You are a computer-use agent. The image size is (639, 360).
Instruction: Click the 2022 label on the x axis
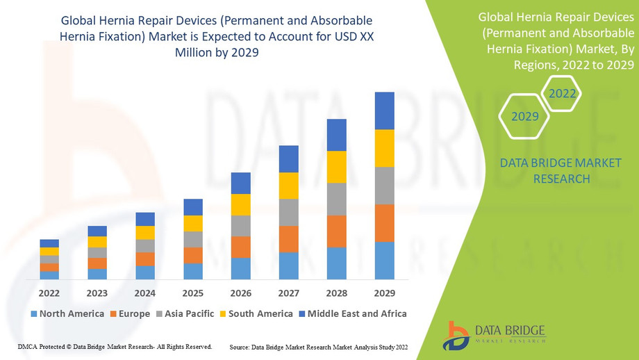point(49,293)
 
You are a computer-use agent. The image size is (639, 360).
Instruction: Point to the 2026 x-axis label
point(241,293)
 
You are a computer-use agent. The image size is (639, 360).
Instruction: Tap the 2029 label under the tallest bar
point(384,293)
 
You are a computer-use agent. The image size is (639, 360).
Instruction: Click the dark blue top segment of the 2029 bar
point(384,111)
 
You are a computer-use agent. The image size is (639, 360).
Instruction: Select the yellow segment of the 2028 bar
point(336,167)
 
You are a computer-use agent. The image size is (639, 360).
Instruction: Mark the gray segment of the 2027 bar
point(289,212)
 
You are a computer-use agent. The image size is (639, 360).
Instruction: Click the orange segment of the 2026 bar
point(241,247)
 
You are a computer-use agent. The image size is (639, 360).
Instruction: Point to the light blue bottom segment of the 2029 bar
point(384,260)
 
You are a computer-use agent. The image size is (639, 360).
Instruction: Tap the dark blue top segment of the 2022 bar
point(49,243)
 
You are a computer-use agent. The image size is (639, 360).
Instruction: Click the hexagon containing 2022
point(561,93)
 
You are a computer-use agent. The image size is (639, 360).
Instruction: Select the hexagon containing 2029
point(525,116)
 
